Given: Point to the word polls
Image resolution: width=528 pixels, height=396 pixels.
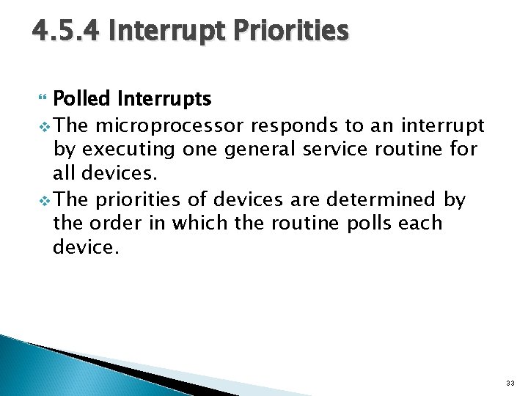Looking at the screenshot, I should pyautogui.click(x=362, y=222).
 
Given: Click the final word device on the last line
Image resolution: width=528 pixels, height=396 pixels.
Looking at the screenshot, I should pyautogui.click(x=83, y=247).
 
